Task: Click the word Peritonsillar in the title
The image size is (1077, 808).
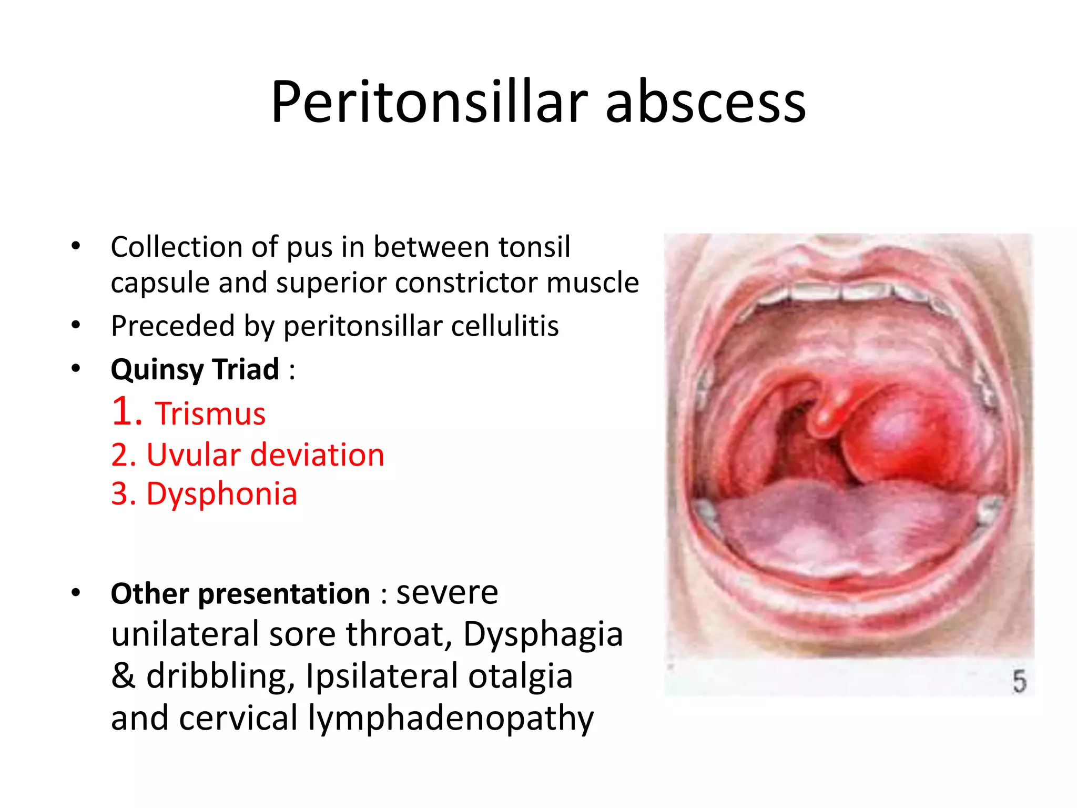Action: [x=429, y=102]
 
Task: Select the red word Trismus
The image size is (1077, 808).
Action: [x=210, y=413]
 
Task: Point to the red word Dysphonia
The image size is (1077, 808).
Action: [x=221, y=494]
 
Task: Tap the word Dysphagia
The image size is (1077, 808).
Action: [x=543, y=634]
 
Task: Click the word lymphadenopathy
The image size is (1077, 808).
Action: [x=451, y=718]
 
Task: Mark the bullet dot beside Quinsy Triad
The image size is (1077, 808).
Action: [x=76, y=368]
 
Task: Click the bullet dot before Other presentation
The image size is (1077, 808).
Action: [x=76, y=593]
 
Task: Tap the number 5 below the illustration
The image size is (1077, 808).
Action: [x=1019, y=681]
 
